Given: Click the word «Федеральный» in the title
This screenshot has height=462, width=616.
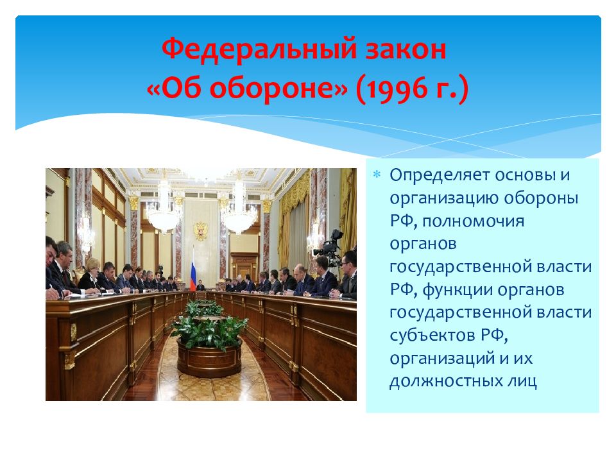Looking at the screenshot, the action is pyautogui.click(x=259, y=50).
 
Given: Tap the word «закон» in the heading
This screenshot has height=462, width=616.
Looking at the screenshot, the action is pyautogui.click(x=406, y=50).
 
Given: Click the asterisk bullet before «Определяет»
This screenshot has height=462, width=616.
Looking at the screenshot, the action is pyautogui.click(x=377, y=175).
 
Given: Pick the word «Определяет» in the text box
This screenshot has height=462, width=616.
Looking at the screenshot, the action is pyautogui.click(x=440, y=175).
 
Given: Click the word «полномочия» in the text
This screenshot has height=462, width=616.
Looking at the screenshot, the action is pyautogui.click(x=474, y=221).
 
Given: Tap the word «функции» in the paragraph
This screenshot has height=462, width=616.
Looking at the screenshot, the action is pyautogui.click(x=457, y=290).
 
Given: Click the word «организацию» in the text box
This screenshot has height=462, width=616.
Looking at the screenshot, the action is pyautogui.click(x=443, y=199).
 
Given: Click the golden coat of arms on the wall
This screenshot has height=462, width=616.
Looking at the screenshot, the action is pyautogui.click(x=200, y=230).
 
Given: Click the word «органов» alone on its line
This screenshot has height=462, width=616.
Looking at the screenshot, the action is pyautogui.click(x=423, y=244).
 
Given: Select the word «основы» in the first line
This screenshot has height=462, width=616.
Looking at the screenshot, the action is pyautogui.click(x=524, y=175).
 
